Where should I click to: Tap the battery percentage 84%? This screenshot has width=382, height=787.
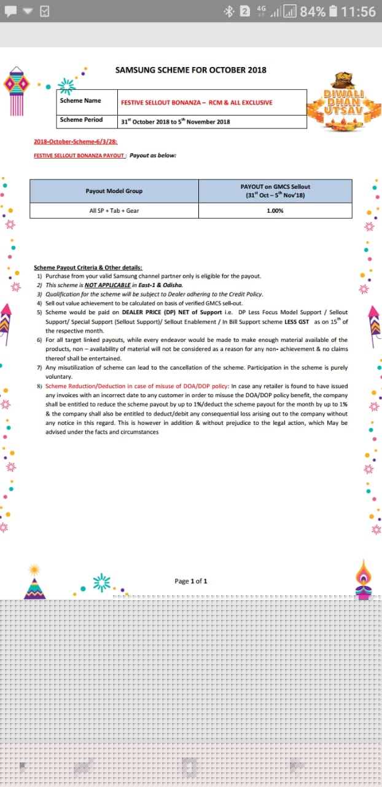[312, 12]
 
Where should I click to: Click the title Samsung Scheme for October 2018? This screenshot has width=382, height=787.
[190, 70]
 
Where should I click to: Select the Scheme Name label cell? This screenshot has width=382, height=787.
[80, 101]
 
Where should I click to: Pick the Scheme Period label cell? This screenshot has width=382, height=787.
[81, 120]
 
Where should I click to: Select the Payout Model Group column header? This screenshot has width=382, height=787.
[114, 191]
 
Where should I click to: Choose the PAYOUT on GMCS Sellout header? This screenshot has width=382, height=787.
[275, 191]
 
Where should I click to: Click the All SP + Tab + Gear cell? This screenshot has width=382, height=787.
[114, 211]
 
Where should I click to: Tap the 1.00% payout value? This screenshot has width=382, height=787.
[275, 211]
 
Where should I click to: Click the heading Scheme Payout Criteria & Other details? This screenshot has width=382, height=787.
[88, 267]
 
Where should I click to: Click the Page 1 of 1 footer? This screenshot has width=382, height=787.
[191, 581]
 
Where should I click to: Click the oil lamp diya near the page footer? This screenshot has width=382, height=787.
[364, 580]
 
